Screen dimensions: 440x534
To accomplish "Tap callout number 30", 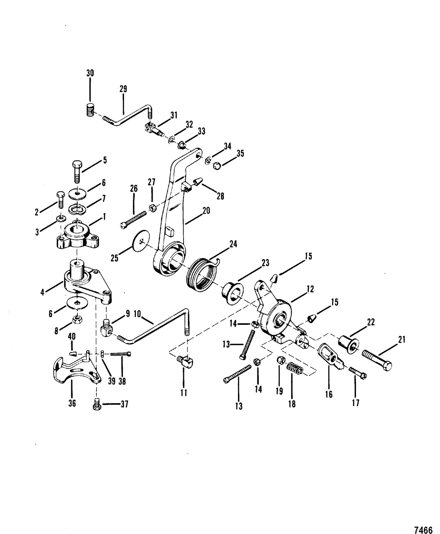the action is point(90,73).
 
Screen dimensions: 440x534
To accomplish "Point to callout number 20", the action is point(206,211).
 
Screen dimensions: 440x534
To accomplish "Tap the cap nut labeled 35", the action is point(217,166).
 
